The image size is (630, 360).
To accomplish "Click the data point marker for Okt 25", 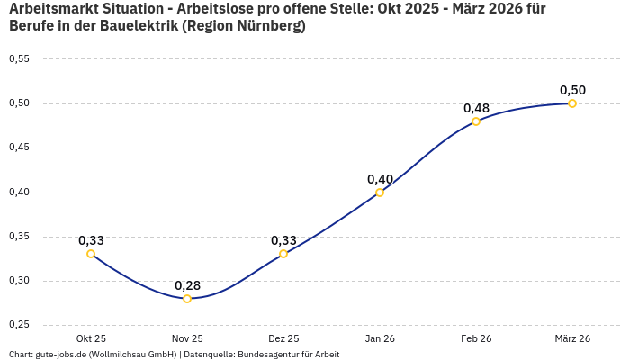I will [91, 254].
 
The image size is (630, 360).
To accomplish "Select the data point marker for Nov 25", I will [187, 298].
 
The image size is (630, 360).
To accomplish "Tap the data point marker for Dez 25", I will [283, 254].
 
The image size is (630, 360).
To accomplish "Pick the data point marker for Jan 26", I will [380, 192].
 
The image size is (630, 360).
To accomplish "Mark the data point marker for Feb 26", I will [476, 121].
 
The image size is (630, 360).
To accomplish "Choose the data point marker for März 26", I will [572, 103].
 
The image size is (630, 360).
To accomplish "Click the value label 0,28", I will [187, 285].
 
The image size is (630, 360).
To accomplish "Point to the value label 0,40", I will [380, 179].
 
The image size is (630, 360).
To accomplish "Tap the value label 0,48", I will [476, 108].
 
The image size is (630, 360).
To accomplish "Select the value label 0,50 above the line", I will [572, 90].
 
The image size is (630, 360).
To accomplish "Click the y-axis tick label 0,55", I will [19, 59].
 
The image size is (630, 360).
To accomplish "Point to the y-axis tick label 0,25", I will [19, 325].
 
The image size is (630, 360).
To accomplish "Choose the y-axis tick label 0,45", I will [19, 148].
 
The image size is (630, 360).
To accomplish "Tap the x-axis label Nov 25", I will [187, 338].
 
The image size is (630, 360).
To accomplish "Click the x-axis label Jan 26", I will [380, 338].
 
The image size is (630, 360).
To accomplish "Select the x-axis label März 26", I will [572, 338].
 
